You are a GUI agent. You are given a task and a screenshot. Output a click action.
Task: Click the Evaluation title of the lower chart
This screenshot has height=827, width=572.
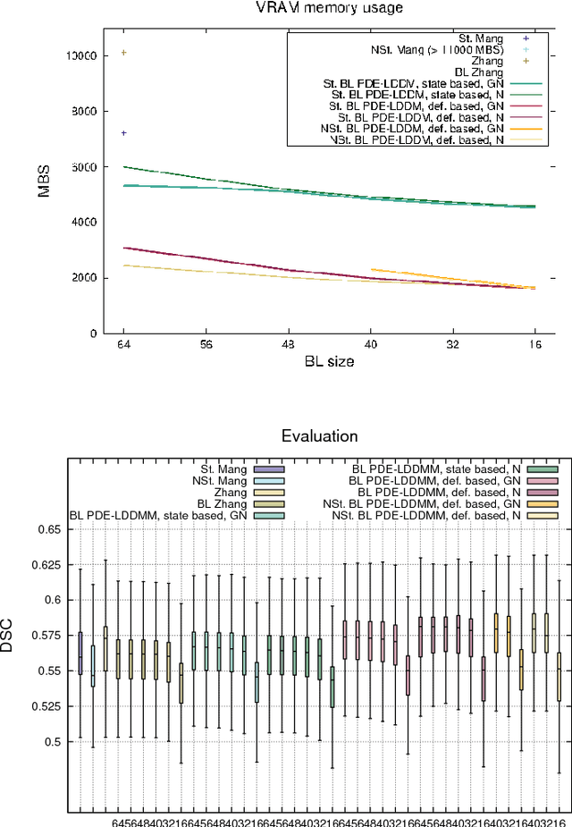[x=319, y=436]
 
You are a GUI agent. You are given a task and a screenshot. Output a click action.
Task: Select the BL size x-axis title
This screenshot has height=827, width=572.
[x=329, y=361]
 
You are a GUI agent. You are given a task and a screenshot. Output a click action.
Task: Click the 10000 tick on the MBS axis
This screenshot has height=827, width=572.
[x=81, y=55]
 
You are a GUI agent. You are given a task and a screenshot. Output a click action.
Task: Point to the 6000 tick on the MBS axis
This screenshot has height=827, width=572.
[x=84, y=166]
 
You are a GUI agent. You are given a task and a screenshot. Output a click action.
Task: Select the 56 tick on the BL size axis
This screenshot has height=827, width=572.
[x=206, y=342]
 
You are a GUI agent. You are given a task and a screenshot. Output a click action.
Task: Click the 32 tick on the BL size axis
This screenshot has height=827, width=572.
[x=453, y=342]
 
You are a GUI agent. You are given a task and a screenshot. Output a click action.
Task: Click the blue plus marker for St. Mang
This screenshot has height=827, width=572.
[x=123, y=132]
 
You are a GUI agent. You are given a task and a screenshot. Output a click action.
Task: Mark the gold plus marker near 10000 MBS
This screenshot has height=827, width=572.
[x=123, y=53]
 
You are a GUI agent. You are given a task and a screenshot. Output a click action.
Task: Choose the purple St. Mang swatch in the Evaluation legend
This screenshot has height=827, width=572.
[x=268, y=468]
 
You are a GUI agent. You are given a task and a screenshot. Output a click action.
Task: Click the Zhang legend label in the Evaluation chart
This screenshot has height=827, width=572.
[x=231, y=492]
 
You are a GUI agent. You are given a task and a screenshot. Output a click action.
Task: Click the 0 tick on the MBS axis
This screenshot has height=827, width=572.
[x=92, y=333]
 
